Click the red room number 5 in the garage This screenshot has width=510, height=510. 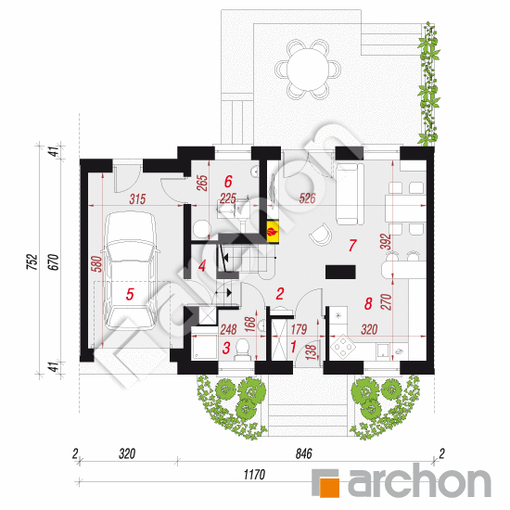click(130, 294)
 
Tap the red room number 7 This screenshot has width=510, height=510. click(352, 245)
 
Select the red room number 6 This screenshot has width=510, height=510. click(228, 182)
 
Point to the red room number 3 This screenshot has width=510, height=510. click(226, 348)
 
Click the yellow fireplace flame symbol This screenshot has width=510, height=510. click(273, 232)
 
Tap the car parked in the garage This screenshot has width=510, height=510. click(130, 271)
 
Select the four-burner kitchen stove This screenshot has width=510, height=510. click(343, 347)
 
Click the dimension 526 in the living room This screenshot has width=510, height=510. click(307, 198)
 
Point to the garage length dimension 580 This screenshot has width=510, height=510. click(97, 264)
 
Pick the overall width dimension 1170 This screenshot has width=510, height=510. click(254, 475)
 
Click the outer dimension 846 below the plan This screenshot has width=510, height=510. click(303, 453)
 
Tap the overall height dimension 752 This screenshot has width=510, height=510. click(32, 262)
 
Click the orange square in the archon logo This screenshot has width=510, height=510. click(329, 487)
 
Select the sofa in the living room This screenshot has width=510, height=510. click(350, 194)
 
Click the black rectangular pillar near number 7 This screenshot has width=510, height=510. click(340, 272)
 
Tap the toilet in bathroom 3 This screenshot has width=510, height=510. click(242, 350)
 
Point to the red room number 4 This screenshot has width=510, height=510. click(202, 266)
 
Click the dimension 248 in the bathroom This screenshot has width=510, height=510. click(228, 330)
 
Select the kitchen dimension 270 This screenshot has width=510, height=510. click(386, 302)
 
